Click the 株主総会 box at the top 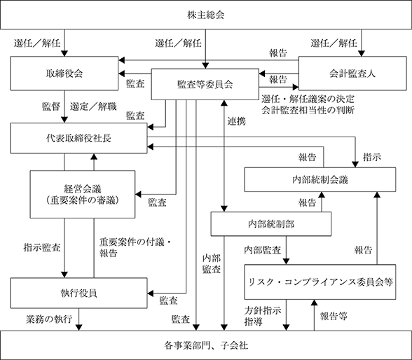pyautogui.click(x=206, y=15)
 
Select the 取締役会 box pyautogui.click(x=64, y=74)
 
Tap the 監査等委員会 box pyautogui.click(x=205, y=84)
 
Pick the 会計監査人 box pyautogui.click(x=352, y=74)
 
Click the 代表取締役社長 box pyautogui.click(x=78, y=138)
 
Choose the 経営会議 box pyautogui.click(x=83, y=194)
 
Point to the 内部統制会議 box pyautogui.click(x=320, y=179)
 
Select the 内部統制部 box pyautogui.click(x=271, y=224)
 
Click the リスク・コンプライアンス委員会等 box pyautogui.click(x=320, y=282)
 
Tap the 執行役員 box pyautogui.click(x=78, y=293)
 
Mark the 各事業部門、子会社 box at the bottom pyautogui.click(x=206, y=345)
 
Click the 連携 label pyautogui.click(x=237, y=121)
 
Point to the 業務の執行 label pyautogui.click(x=49, y=319)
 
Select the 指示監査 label pyautogui.click(x=42, y=247)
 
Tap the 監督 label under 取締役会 pyautogui.click(x=51, y=106)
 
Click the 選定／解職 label pyautogui.click(x=93, y=106)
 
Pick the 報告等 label pyautogui.click(x=334, y=316)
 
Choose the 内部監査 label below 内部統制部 pyautogui.click(x=263, y=250)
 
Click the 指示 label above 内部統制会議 pyautogui.click(x=372, y=158)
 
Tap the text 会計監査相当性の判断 pyautogui.click(x=308, y=110)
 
